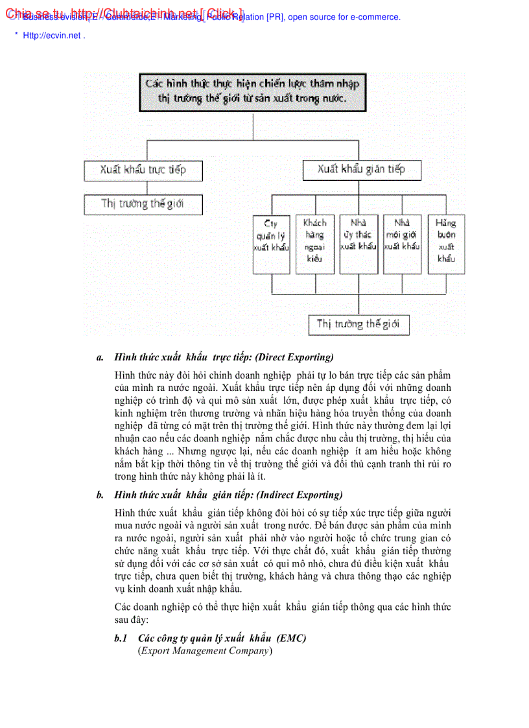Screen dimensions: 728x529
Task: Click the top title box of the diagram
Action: tap(252, 92)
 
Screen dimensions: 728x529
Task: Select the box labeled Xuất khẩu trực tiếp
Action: tap(143, 170)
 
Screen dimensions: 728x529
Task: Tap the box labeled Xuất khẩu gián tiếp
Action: tap(362, 170)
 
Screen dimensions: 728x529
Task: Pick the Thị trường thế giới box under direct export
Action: tap(143, 204)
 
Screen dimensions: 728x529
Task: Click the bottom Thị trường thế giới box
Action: tap(359, 324)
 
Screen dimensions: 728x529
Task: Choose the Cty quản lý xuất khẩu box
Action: tap(271, 244)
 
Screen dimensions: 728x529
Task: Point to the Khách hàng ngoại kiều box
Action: tap(315, 244)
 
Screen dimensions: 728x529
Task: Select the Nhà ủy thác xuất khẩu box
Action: tap(359, 244)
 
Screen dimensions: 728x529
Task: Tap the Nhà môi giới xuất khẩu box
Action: tap(402, 244)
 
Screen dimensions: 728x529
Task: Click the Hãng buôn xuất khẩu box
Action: tap(446, 244)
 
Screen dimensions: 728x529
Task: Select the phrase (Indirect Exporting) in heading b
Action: tap(300, 495)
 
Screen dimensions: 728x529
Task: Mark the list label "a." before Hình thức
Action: tap(100, 357)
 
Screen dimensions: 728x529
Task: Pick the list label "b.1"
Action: tap(121, 638)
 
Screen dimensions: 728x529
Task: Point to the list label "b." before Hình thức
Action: tap(100, 495)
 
